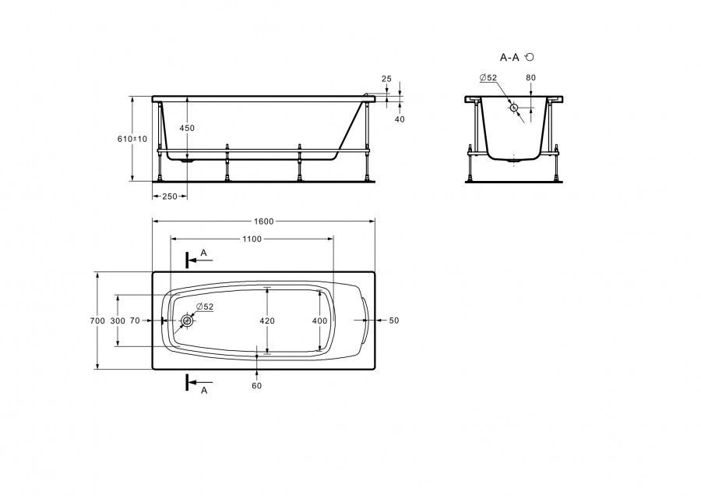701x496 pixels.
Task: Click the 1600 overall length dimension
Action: click(x=264, y=221)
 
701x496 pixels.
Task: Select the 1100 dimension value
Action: click(x=252, y=239)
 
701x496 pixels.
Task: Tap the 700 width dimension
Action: click(x=97, y=321)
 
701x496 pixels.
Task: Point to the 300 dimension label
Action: click(x=118, y=321)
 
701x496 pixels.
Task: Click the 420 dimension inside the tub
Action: click(x=267, y=321)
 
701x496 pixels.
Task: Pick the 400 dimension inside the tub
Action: click(x=319, y=321)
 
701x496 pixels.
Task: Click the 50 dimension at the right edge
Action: click(x=394, y=321)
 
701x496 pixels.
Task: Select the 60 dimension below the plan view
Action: click(x=256, y=386)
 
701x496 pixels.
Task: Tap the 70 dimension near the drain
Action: click(x=135, y=321)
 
